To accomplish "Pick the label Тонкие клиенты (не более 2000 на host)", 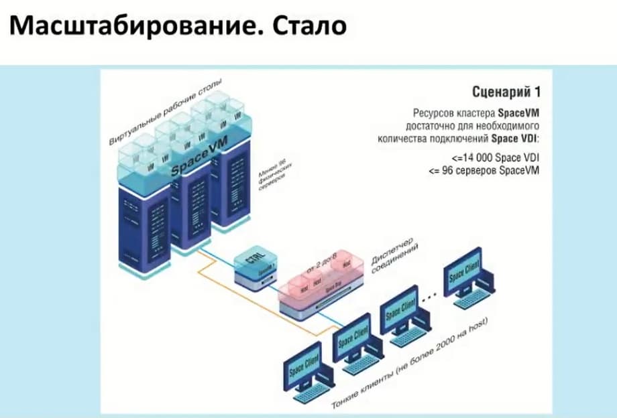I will point(410,366).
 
